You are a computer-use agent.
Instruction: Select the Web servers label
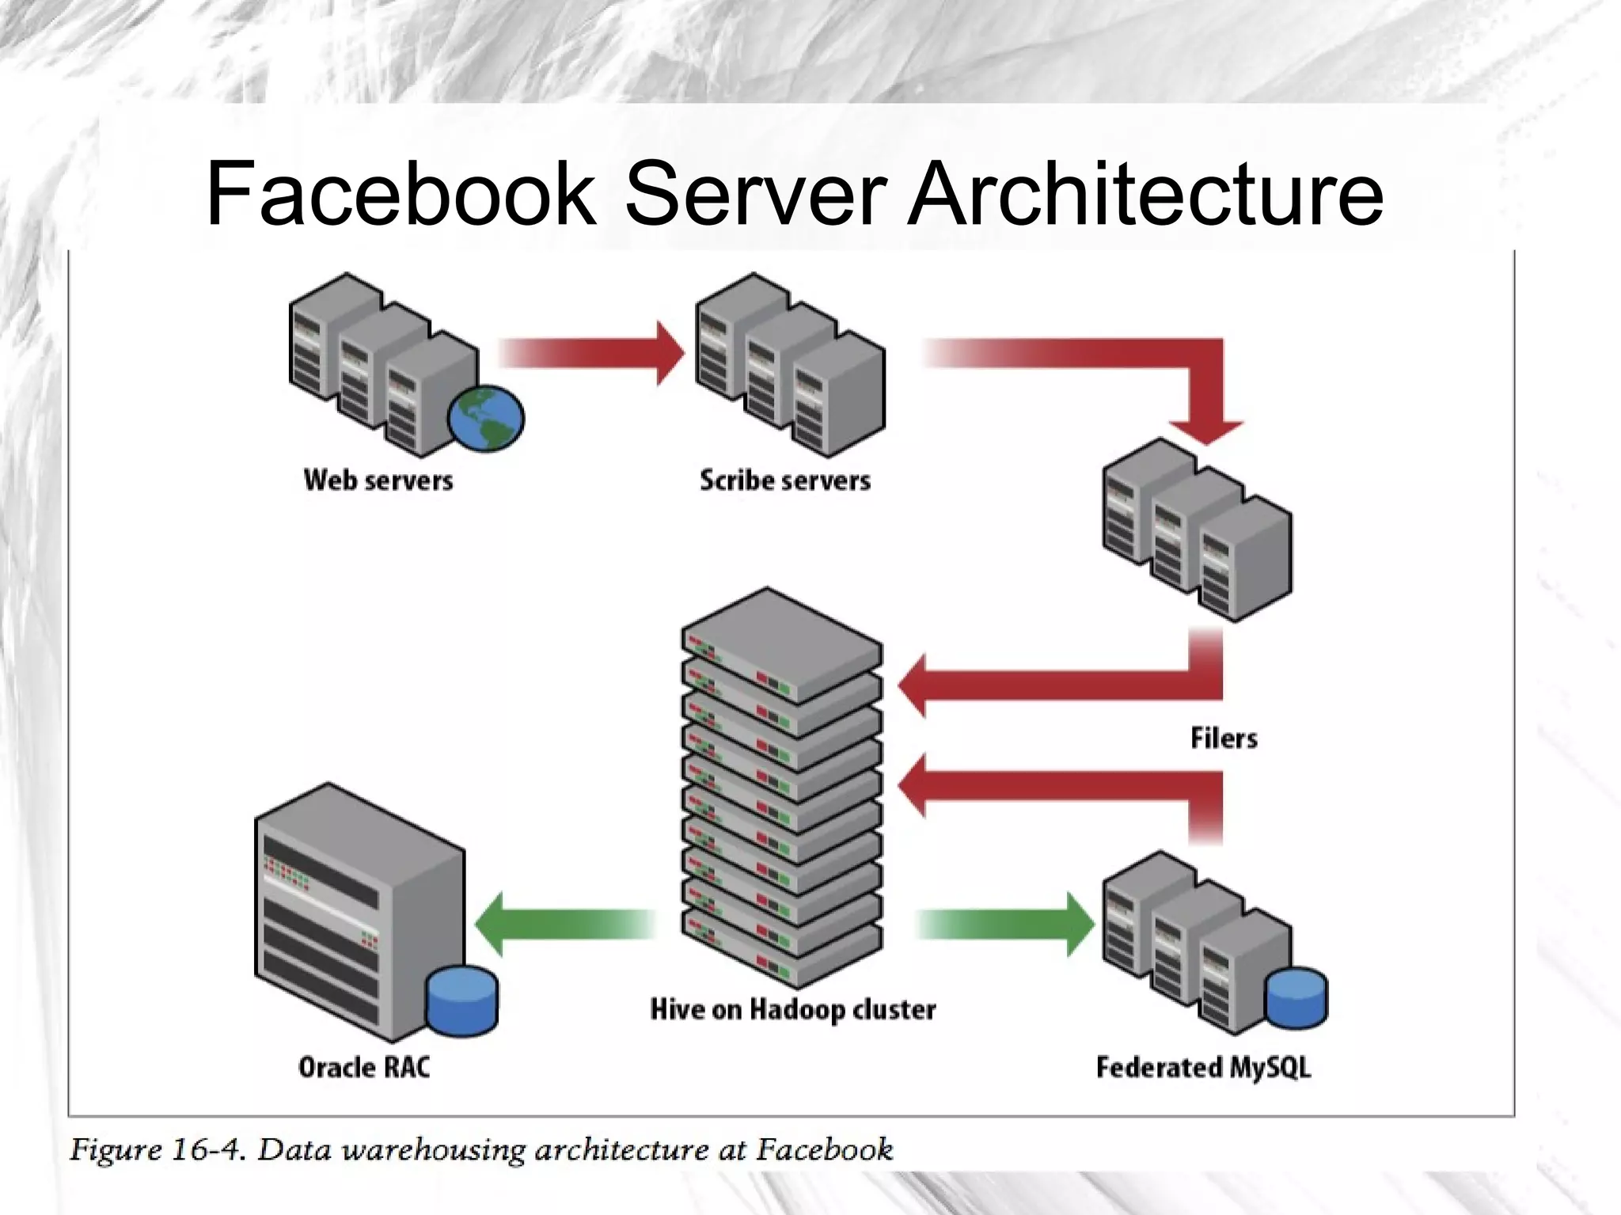coord(378,480)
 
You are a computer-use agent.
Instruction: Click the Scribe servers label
coord(784,480)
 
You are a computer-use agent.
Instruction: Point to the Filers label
coord(1224,738)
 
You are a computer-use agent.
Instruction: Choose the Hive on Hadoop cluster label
coord(793,1009)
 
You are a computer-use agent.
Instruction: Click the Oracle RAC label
coord(364,1067)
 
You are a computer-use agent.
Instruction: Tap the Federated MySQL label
coord(1203,1067)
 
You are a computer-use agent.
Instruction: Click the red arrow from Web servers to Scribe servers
coord(590,353)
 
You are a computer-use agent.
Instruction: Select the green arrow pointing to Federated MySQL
coord(1005,924)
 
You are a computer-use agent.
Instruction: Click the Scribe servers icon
coord(789,364)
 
